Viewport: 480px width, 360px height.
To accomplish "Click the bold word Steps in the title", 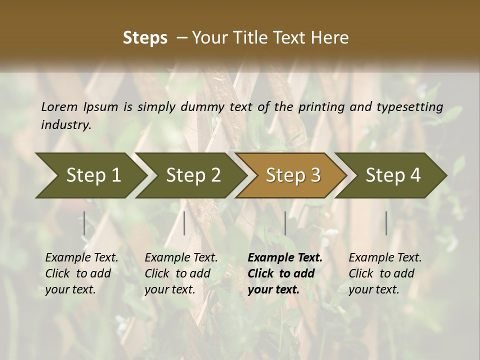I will point(145,38).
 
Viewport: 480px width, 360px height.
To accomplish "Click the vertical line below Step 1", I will point(84,223).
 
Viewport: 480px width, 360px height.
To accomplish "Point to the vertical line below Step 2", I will point(184,223).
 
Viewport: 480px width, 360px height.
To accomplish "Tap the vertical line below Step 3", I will point(285,223).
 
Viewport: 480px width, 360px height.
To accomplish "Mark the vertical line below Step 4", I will point(386,223).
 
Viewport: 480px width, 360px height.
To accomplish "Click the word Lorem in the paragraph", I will point(59,107).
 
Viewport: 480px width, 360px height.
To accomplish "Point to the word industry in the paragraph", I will point(65,125).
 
